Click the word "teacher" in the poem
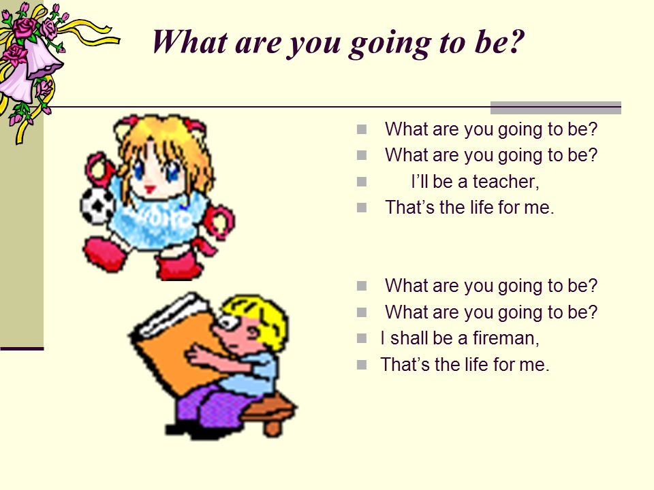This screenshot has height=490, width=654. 505,182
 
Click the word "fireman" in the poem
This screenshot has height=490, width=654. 505,338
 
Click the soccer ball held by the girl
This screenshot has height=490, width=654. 97,206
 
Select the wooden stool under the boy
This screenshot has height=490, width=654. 269,412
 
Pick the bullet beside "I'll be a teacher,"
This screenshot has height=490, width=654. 362,182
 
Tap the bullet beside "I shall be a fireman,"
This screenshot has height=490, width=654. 362,338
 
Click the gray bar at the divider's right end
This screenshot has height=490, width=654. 556,108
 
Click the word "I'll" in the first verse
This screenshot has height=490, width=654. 419,182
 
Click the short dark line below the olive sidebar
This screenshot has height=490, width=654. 22,348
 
